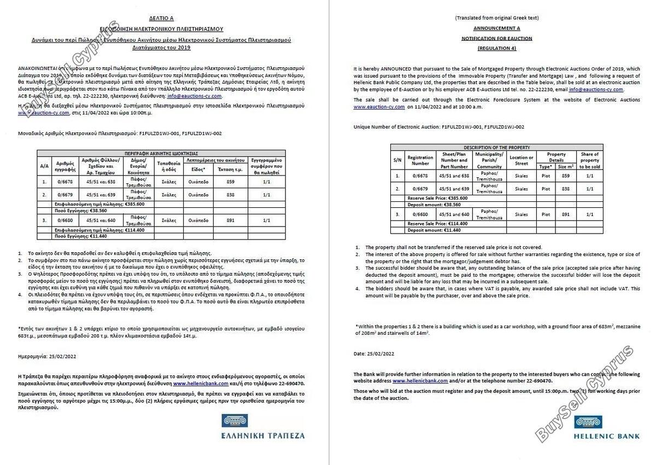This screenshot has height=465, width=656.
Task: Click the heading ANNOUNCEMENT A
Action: click(496, 28)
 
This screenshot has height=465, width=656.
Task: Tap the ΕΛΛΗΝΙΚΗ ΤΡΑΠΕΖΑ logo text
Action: click(263, 436)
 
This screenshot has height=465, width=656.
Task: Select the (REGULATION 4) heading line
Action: click(496, 49)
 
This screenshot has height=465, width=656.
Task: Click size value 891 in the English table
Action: click(565, 215)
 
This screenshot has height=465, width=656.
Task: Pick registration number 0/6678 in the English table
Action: click(420, 176)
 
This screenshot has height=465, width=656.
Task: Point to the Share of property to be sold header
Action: click(589, 160)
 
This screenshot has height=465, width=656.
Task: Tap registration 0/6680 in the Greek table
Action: click(65, 220)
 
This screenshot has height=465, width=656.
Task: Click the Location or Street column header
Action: click(521, 160)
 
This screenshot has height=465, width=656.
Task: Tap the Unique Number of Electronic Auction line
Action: click(438, 127)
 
